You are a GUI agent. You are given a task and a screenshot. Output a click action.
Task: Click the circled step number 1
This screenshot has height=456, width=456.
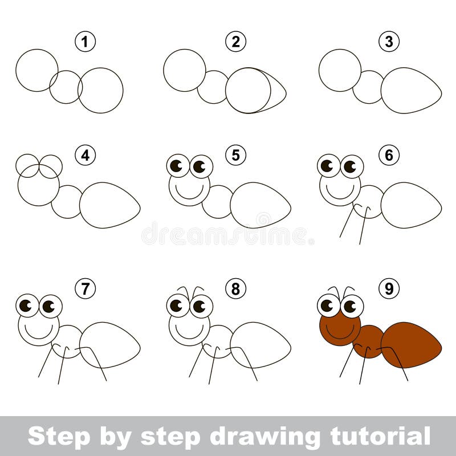click(85, 42)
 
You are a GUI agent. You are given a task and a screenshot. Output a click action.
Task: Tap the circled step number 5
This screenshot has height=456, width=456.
click(235, 155)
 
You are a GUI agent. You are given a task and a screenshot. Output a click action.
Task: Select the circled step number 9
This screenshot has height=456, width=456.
click(389, 288)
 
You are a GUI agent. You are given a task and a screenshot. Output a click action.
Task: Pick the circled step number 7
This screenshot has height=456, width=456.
click(85, 288)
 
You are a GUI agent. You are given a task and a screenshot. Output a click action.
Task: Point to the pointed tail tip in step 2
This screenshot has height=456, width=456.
click(286, 93)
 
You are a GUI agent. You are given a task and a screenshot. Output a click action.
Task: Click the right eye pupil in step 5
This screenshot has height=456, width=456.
click(199, 166)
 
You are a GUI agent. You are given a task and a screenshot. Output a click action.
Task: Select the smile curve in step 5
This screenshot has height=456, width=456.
click(189, 198)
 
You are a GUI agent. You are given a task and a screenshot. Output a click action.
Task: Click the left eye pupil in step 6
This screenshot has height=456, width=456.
click(327, 166)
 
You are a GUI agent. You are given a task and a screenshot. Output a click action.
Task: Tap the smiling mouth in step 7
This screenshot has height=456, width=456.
click(39, 338)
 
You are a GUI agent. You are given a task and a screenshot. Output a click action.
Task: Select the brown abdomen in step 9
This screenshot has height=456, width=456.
click(411, 345)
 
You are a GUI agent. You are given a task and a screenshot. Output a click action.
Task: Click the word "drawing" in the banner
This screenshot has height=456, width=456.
click(265, 437)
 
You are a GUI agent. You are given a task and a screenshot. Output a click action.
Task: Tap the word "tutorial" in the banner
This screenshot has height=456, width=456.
click(380, 435)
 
